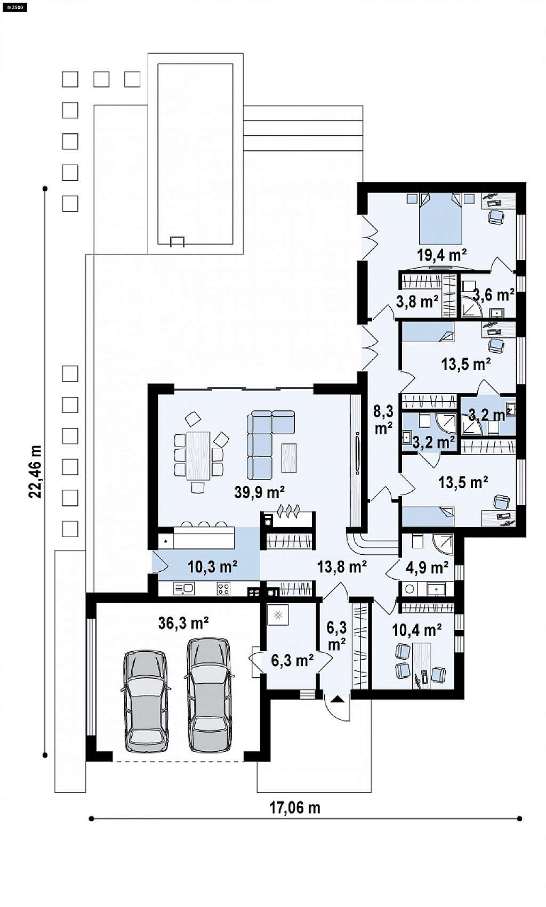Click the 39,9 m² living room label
259,492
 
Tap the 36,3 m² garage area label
183,623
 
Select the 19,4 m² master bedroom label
441,255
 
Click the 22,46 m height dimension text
35,472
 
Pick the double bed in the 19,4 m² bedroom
440,218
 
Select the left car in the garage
146,700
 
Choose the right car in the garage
210,695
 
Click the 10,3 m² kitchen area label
212,567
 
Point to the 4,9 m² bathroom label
427,568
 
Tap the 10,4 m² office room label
417,630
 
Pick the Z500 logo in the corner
14,7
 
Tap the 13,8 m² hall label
342,566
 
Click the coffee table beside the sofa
289,458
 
